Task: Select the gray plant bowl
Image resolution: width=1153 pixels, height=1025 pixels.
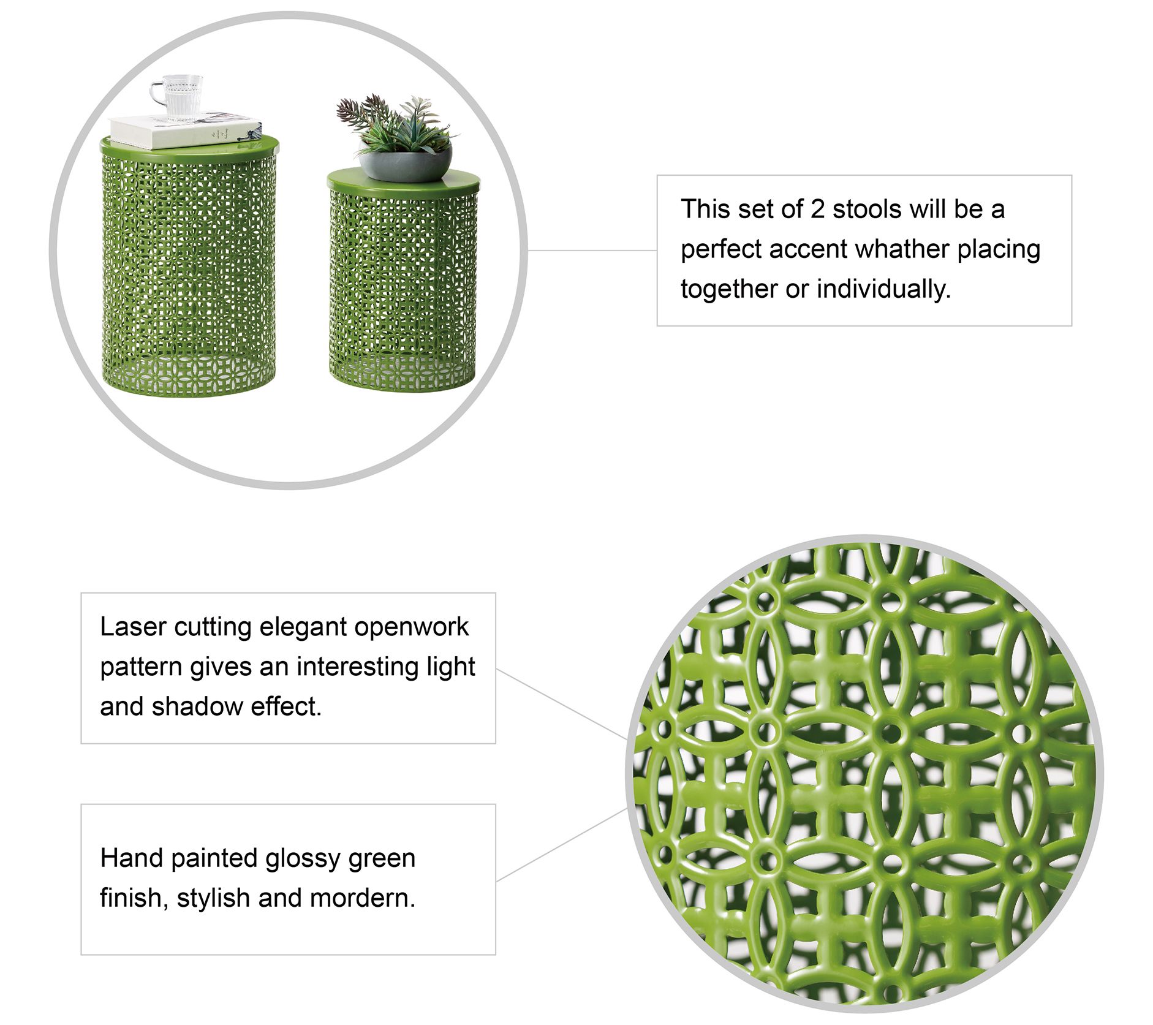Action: pyautogui.click(x=405, y=161)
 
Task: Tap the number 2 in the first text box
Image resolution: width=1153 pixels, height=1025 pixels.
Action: pyautogui.click(x=817, y=210)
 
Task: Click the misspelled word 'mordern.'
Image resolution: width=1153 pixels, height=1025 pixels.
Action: pyautogui.click(x=363, y=898)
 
